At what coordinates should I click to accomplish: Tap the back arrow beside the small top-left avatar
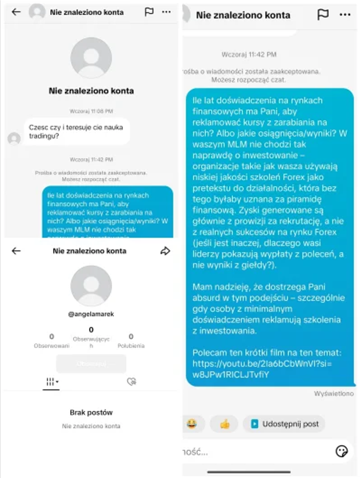16,12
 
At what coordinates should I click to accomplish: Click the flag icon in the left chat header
149,12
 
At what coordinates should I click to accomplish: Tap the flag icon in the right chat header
323,14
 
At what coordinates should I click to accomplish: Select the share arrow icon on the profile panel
165,251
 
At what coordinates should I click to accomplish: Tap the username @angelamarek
91,314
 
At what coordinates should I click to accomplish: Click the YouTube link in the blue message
262,369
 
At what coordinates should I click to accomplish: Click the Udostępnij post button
284,423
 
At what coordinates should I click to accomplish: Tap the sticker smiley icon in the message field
341,451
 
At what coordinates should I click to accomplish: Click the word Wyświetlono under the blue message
334,394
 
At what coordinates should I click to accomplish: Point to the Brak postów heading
91,412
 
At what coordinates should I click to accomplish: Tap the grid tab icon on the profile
51,382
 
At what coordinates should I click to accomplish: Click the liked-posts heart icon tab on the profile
131,382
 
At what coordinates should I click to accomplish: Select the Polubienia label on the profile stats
131,345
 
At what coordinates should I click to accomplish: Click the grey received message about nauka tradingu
76,131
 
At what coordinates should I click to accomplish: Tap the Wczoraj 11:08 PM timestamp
91,111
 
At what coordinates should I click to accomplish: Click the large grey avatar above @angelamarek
91,286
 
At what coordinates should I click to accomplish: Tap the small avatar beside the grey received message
14,138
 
